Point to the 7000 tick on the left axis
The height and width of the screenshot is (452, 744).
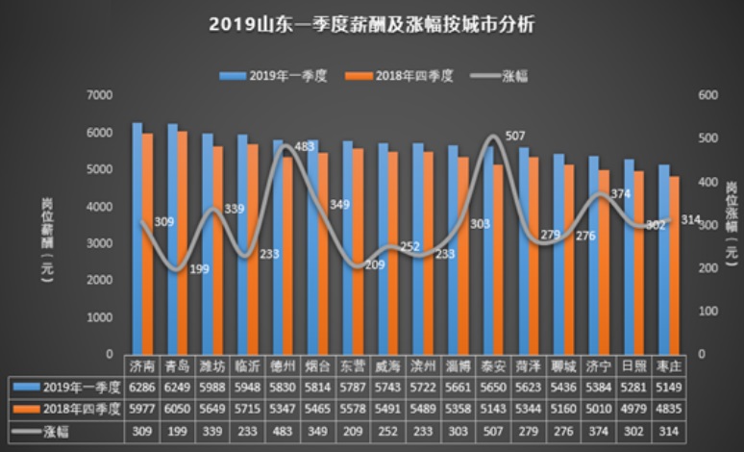tap(99, 94)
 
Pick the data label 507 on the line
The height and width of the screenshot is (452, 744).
tap(514, 136)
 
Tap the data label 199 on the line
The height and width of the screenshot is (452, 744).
tap(199, 268)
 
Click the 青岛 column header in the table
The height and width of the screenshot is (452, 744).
tap(178, 366)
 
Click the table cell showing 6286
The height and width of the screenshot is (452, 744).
tap(142, 388)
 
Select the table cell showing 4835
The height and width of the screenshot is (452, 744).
tap(669, 409)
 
